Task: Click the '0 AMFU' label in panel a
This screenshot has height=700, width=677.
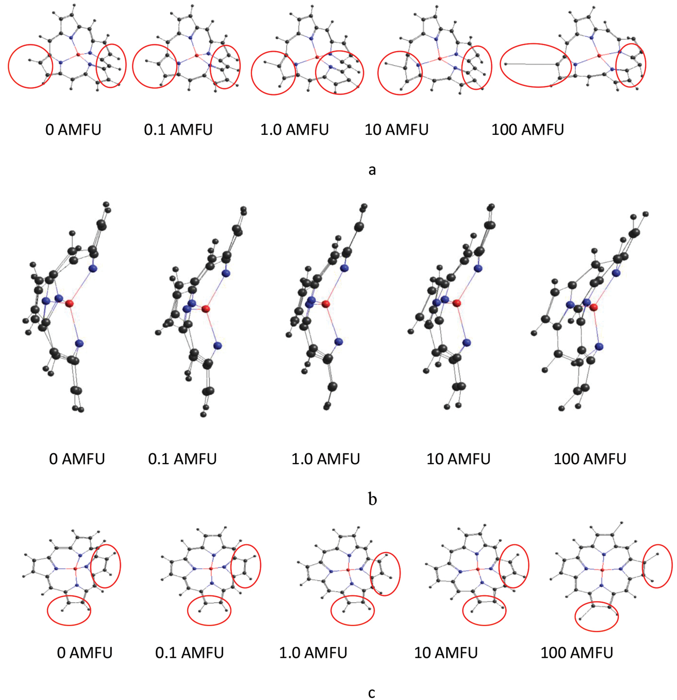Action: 73,130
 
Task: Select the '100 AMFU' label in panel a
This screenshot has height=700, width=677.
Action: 527,130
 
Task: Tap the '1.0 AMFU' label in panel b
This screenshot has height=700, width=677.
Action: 326,459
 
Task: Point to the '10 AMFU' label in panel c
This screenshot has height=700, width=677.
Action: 446,652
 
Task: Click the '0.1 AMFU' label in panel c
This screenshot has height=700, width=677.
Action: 189,652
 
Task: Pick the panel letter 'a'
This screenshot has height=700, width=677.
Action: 372,170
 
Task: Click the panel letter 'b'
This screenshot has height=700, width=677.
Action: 372,498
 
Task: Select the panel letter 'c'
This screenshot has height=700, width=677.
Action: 372,692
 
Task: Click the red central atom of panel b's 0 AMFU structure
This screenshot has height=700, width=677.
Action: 69,304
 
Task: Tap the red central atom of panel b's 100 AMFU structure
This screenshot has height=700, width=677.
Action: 594,307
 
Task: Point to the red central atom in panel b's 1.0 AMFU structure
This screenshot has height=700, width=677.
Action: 326,304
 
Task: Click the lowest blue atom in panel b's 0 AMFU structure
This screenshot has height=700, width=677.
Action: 79,344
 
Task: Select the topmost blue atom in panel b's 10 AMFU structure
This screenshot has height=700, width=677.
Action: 478,268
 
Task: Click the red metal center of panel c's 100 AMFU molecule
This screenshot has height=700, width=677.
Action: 603,570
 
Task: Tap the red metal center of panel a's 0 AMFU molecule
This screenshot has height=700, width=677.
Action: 78,55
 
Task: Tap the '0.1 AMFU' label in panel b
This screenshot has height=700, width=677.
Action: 182,459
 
